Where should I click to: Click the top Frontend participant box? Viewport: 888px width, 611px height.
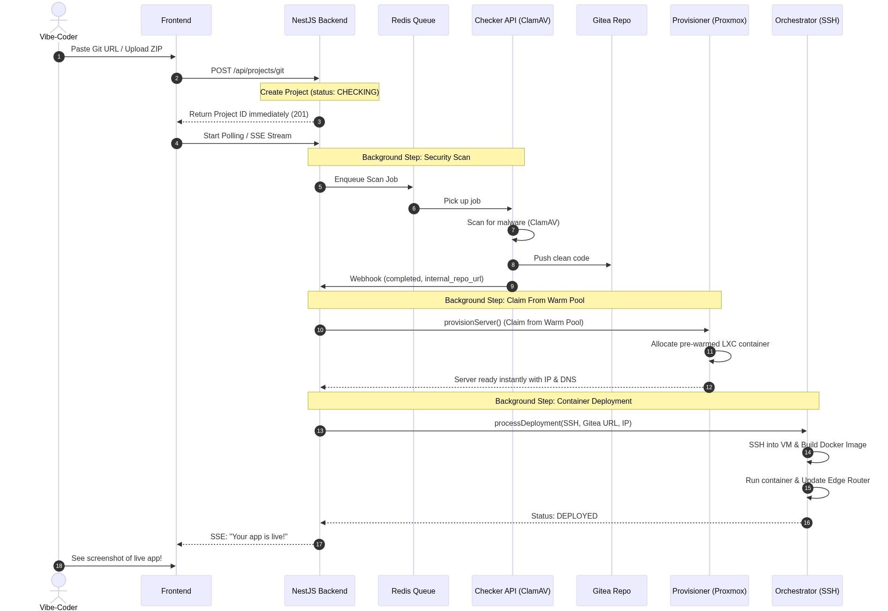[x=176, y=20]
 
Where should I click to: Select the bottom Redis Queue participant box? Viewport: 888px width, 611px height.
[x=413, y=591]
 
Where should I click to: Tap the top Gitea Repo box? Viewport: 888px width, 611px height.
[x=611, y=20]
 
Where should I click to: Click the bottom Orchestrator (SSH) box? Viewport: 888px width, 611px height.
[x=807, y=591]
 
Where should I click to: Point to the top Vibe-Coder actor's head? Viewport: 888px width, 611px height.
[x=59, y=9]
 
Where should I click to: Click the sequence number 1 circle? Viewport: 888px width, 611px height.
[x=59, y=57]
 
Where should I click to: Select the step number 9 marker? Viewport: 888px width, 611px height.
[x=512, y=287]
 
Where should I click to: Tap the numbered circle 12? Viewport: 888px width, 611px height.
[x=709, y=387]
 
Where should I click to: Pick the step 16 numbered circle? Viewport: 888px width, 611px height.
[x=806, y=523]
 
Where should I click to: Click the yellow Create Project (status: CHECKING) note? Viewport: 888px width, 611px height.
[x=320, y=92]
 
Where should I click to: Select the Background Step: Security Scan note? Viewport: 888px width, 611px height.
[x=416, y=157]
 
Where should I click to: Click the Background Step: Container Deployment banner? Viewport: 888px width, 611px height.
[x=563, y=401]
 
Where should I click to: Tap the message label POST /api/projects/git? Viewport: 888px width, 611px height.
[x=248, y=71]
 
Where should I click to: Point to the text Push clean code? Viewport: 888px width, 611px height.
[x=561, y=258]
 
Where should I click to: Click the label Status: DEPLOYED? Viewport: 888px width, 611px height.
[x=564, y=516]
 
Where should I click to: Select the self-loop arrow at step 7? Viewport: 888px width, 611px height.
[x=534, y=235]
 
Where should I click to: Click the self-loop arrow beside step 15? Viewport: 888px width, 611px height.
[x=828, y=493]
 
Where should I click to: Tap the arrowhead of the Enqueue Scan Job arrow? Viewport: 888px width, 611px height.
[x=411, y=187]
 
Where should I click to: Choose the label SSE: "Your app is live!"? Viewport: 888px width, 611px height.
[x=249, y=537]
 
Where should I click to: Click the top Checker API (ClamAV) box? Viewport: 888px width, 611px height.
[x=512, y=20]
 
